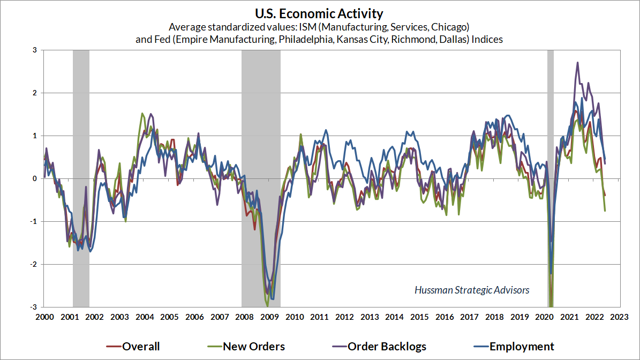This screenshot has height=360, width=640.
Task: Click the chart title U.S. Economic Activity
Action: point(320,13)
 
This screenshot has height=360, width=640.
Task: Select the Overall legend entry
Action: point(141,347)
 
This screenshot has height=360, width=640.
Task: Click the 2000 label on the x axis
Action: point(44,317)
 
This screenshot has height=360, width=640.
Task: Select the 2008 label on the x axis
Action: point(244,317)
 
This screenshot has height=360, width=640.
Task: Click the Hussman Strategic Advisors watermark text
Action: point(472,290)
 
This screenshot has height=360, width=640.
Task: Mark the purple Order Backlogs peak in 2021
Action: point(577,63)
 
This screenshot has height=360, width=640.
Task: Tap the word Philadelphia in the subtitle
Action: point(301,40)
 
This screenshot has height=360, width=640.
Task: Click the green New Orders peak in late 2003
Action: point(142,114)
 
